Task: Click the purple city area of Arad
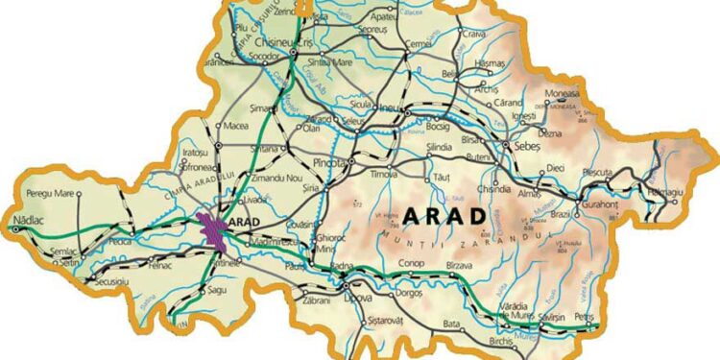pyautogui.click(x=211, y=231)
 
